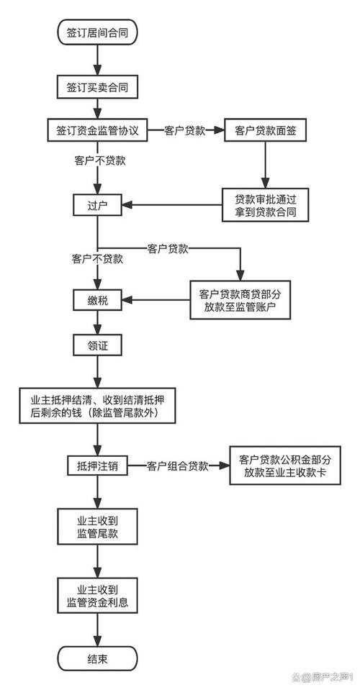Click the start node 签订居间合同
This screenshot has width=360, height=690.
96,32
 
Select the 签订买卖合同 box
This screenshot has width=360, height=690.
96,87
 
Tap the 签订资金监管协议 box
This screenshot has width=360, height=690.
96,131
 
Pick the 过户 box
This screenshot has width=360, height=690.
96,205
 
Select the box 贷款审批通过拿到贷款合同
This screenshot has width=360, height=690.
266,206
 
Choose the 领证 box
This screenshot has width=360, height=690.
96,346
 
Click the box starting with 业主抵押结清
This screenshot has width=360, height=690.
96,406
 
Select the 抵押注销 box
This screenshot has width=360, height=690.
96,466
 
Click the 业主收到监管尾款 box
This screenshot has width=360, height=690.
96,526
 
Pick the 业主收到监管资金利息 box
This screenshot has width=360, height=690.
96,594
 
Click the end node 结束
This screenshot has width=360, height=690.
96,658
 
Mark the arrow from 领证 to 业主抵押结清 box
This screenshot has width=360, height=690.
96,373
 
